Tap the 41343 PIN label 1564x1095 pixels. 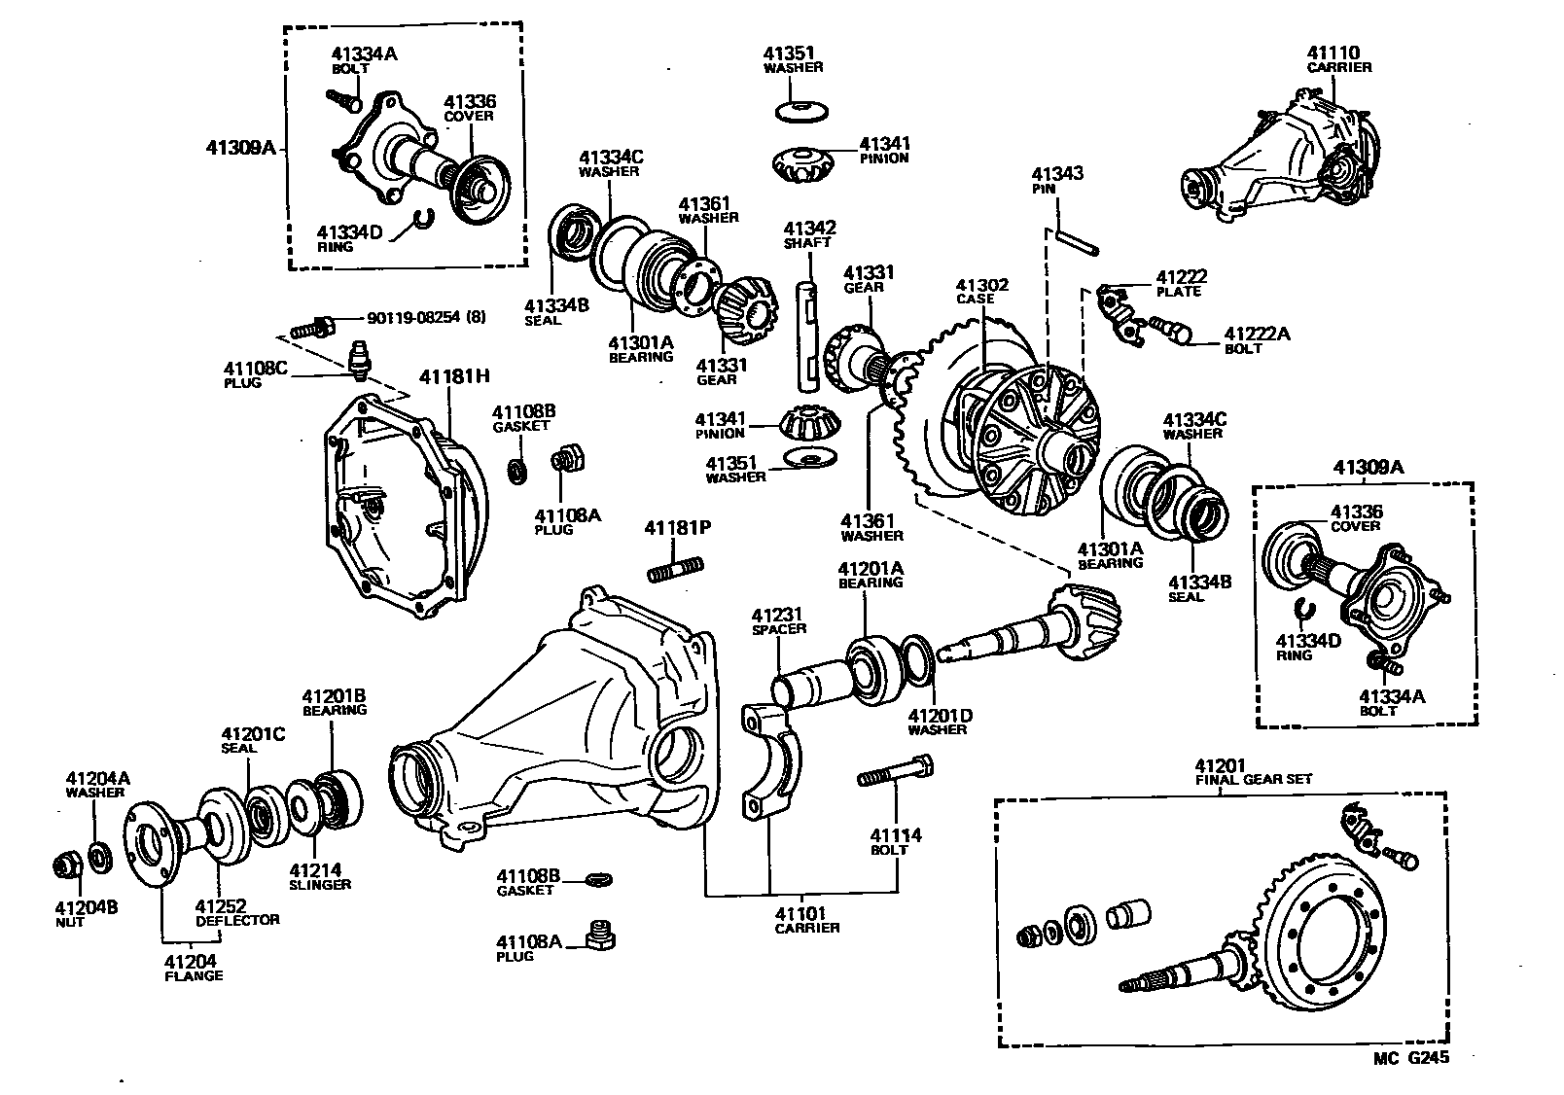[1057, 181]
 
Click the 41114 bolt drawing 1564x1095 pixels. [894, 775]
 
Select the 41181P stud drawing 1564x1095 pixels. [673, 568]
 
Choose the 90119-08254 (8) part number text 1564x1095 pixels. [426, 317]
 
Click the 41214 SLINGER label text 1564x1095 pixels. [319, 877]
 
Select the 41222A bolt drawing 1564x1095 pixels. [1169, 331]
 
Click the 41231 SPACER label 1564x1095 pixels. [778, 620]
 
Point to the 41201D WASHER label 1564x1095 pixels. [940, 722]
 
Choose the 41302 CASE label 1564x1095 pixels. [980, 292]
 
